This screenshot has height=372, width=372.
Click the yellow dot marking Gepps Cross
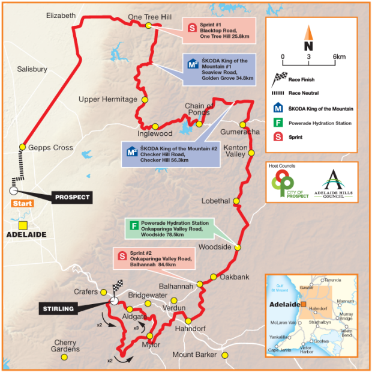pos(22,147)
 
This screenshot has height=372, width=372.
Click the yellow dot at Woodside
pos(238,248)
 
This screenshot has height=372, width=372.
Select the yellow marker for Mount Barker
pos(225,355)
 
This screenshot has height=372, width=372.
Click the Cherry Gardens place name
pos(67,346)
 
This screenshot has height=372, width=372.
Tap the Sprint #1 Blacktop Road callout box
pos(219,32)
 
